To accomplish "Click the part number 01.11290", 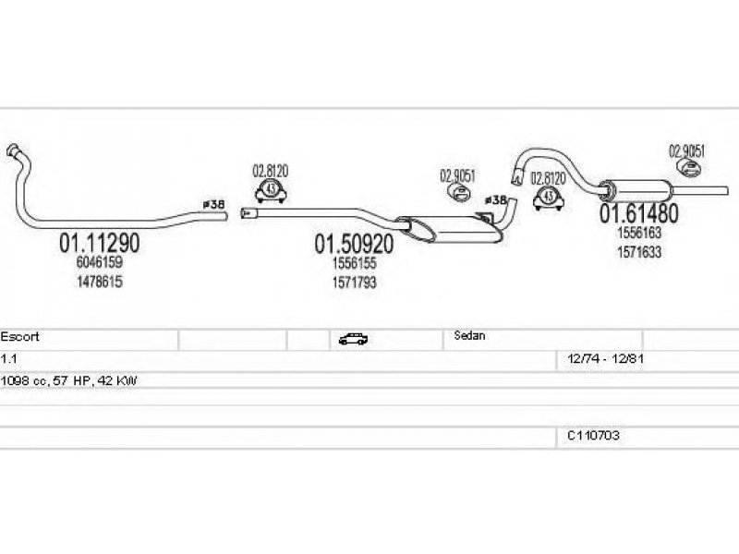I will click(100, 244).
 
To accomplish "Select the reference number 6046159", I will click(100, 263).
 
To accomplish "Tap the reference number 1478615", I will click(100, 281).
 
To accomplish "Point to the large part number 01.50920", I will click(354, 245).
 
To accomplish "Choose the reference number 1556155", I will click(354, 263).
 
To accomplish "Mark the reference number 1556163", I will click(639, 234).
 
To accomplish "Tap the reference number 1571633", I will click(639, 251).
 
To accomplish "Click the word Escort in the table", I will click(20, 337).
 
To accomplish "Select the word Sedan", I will click(470, 337).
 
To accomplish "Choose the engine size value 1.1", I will click(8, 357).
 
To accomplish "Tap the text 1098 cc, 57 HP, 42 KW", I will click(68, 379).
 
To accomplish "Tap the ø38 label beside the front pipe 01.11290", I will click(213, 203).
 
